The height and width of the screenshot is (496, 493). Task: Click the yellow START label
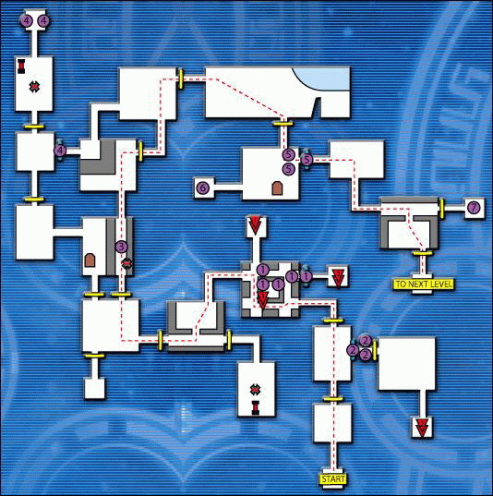click(333, 479)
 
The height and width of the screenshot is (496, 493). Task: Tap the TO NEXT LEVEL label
click(424, 284)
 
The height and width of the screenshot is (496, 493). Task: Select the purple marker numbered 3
click(122, 247)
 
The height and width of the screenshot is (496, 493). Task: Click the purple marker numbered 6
click(203, 188)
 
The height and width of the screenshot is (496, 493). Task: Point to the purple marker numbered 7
click(474, 208)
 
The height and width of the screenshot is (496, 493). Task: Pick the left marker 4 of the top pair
click(27, 21)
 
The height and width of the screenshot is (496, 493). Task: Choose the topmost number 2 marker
click(366, 341)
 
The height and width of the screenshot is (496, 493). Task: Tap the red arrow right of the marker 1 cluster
click(337, 277)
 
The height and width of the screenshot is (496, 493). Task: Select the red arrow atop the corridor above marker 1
click(255, 224)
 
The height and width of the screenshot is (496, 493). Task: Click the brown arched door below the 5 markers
click(277, 188)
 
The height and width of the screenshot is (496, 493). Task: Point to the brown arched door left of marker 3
click(90, 260)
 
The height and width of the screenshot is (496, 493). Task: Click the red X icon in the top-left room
click(34, 86)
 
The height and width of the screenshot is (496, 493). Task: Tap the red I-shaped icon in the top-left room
click(21, 66)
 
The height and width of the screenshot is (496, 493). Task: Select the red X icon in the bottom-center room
click(255, 390)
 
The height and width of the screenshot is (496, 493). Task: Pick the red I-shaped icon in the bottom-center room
click(255, 407)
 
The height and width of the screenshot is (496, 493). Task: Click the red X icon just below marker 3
click(126, 262)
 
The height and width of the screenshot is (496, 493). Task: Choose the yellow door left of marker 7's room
click(441, 207)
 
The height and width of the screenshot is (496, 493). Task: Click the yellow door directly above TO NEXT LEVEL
click(423, 253)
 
